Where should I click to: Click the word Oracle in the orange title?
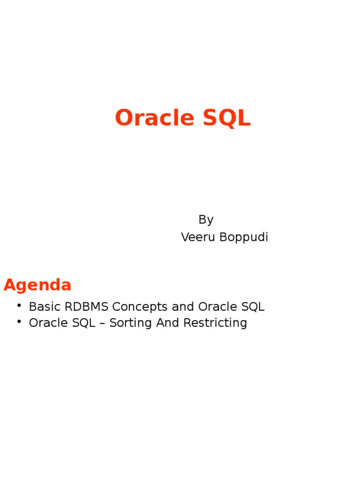148,118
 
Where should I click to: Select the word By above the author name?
206,219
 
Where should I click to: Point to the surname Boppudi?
245,237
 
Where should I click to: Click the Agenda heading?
37,285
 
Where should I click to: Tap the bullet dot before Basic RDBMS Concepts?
19,306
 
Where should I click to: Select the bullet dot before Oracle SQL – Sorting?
19,322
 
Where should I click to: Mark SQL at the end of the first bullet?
253,307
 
